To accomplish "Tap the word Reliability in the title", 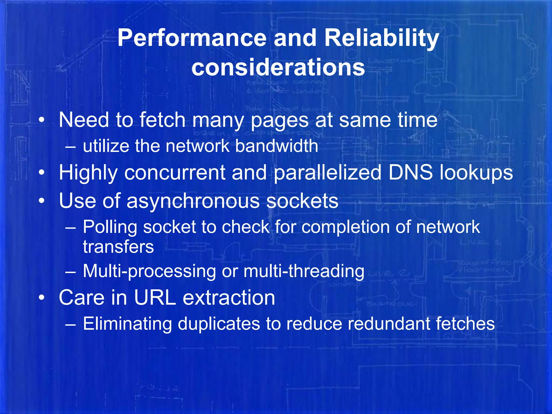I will tap(382, 38).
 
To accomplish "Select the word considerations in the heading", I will tap(278, 67).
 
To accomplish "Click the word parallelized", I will tap(327, 172).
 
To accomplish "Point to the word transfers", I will tap(118, 247).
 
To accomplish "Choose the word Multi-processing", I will tap(149, 271).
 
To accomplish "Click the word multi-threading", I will tap(304, 271).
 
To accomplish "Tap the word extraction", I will tap(229, 298).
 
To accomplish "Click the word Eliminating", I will tap(127, 324).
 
